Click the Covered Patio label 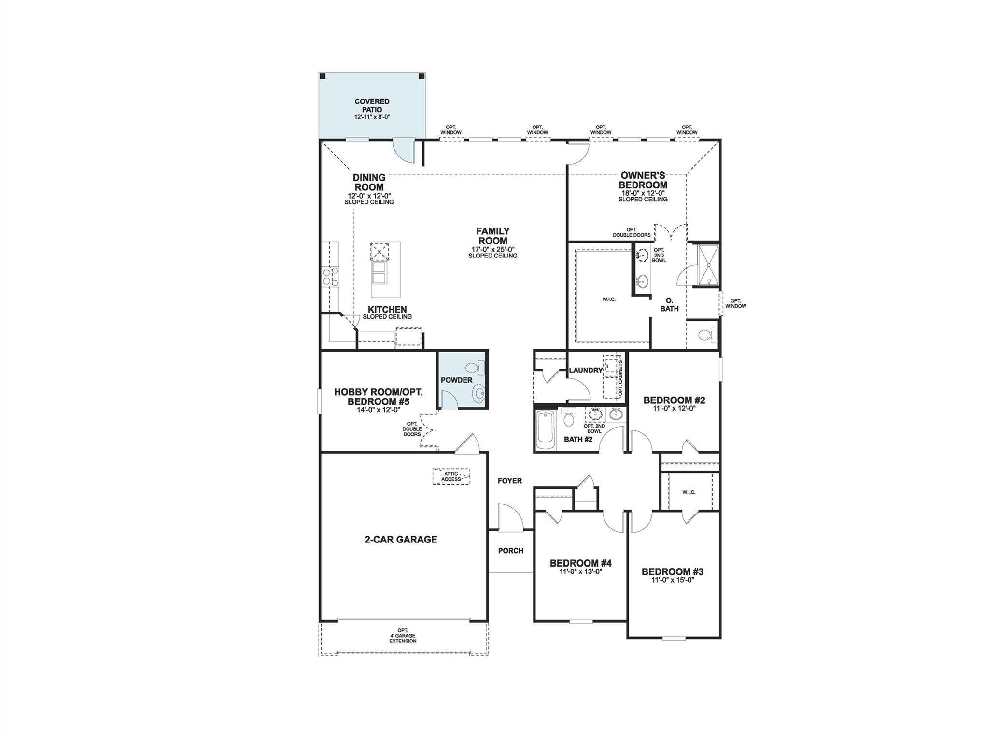[372, 105]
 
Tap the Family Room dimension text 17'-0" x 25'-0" [492, 249]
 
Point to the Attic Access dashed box [451, 476]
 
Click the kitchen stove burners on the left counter [331, 277]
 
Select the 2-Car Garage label [401, 540]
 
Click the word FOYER [510, 481]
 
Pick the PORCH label [510, 551]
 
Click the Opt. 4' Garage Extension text [403, 636]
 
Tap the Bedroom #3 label [672, 572]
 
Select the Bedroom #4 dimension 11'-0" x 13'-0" [580, 571]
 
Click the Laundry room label [586, 371]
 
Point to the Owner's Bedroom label [643, 180]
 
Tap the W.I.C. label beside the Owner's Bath [609, 300]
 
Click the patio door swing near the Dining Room [403, 151]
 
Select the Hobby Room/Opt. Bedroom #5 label [378, 397]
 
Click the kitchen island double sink [379, 273]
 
